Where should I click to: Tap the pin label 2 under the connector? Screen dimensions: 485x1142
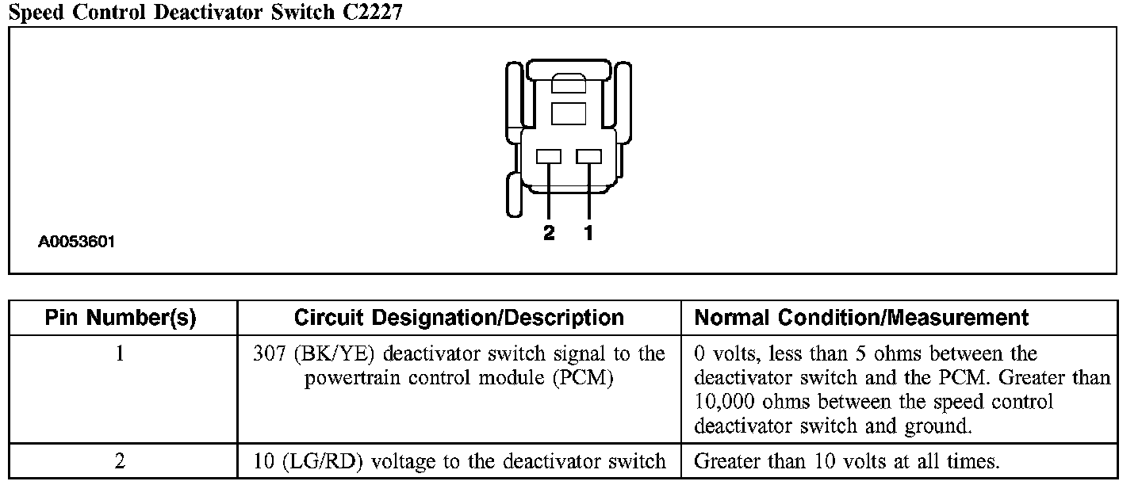(549, 233)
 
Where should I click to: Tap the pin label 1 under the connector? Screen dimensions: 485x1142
(588, 233)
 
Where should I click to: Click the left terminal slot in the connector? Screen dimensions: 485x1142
(549, 157)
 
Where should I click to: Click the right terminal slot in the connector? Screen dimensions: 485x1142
(588, 157)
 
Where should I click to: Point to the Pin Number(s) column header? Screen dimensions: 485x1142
(121, 319)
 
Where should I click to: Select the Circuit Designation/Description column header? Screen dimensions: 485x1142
(458, 319)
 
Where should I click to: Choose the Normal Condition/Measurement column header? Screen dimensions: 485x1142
(861, 319)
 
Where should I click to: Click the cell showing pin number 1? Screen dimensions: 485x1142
(120, 354)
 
